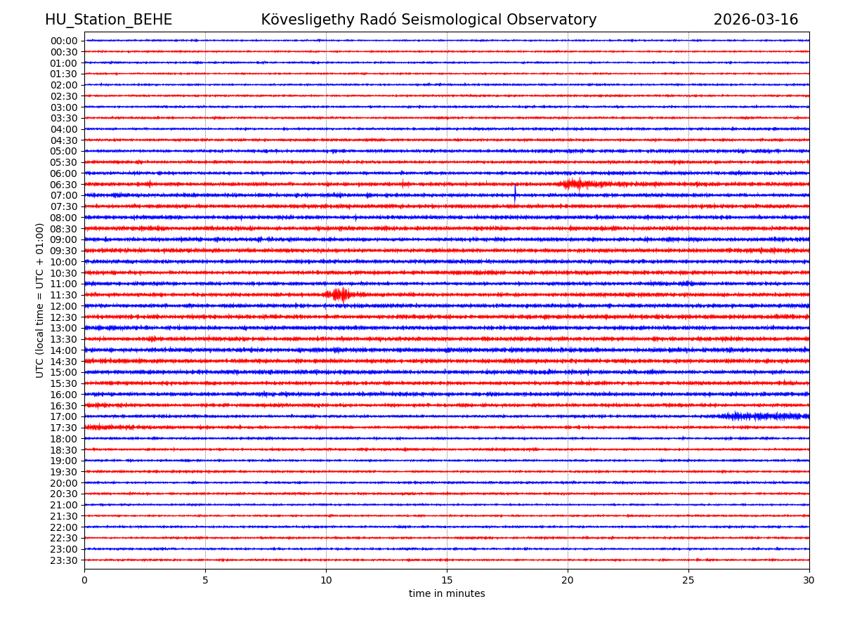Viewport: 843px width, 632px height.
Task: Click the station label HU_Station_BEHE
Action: (108, 20)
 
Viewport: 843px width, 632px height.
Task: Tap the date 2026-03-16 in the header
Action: (755, 20)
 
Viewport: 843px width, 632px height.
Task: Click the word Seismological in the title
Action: (472, 20)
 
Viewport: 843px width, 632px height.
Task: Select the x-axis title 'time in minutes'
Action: (447, 593)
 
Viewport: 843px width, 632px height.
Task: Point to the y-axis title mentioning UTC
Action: (40, 300)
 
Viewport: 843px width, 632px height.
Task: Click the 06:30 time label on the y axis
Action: (64, 185)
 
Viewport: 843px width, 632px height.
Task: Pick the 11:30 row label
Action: (64, 295)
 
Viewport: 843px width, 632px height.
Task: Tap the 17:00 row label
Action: (64, 416)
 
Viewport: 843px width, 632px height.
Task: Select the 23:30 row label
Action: (64, 560)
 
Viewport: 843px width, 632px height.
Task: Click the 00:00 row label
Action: (64, 41)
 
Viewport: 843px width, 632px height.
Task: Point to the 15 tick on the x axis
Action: (447, 580)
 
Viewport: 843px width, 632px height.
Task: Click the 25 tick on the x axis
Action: (688, 580)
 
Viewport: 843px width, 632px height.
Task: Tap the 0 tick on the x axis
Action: (84, 580)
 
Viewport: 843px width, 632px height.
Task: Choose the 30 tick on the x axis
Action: (809, 580)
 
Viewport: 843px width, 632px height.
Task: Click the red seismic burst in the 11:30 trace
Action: (341, 294)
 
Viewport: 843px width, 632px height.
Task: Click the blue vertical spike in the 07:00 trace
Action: (515, 194)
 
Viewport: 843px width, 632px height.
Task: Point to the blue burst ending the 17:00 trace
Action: (766, 416)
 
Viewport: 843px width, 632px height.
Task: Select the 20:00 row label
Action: (64, 483)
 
